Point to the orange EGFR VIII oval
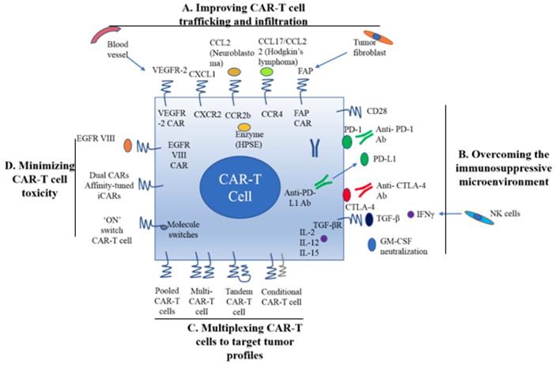point(129,146)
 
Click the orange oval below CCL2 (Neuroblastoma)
point(234,72)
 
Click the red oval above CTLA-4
point(347,193)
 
